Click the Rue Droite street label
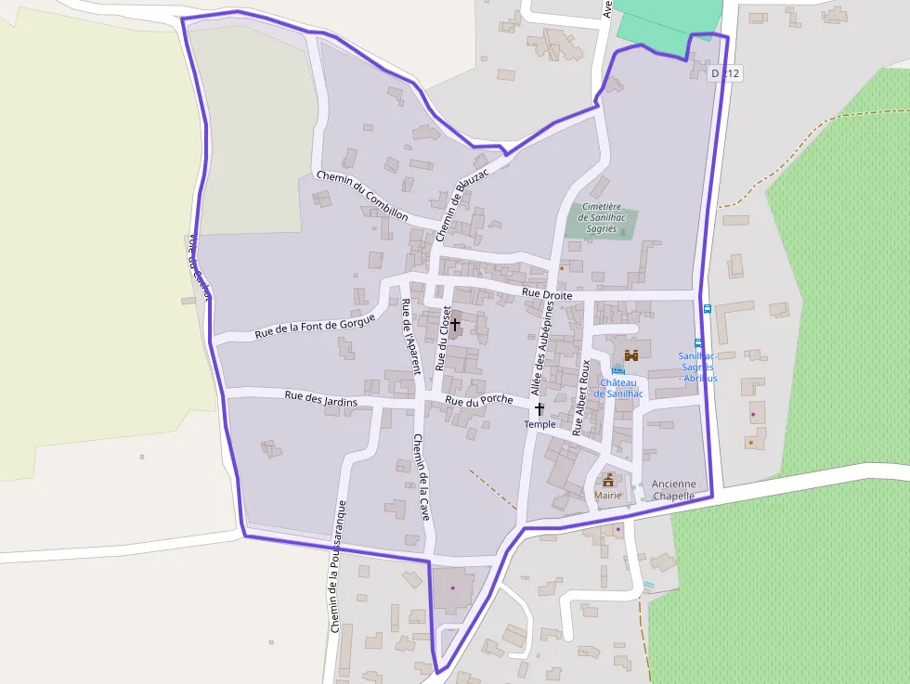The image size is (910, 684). (547, 293)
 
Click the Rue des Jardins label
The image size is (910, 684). (321, 397)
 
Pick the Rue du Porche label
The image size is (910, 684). (478, 401)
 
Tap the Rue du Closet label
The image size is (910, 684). (444, 338)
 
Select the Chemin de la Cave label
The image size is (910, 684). (422, 477)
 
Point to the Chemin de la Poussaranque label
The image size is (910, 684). (338, 566)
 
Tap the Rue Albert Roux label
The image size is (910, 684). (582, 398)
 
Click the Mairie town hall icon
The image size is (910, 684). (608, 480)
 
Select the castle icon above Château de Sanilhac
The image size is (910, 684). (631, 355)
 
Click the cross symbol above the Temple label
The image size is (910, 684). (539, 408)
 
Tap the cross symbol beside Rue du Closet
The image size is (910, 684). (455, 325)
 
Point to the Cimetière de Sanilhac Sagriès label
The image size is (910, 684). (602, 217)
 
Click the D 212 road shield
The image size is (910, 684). (725, 72)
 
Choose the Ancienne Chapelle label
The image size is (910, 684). (673, 490)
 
